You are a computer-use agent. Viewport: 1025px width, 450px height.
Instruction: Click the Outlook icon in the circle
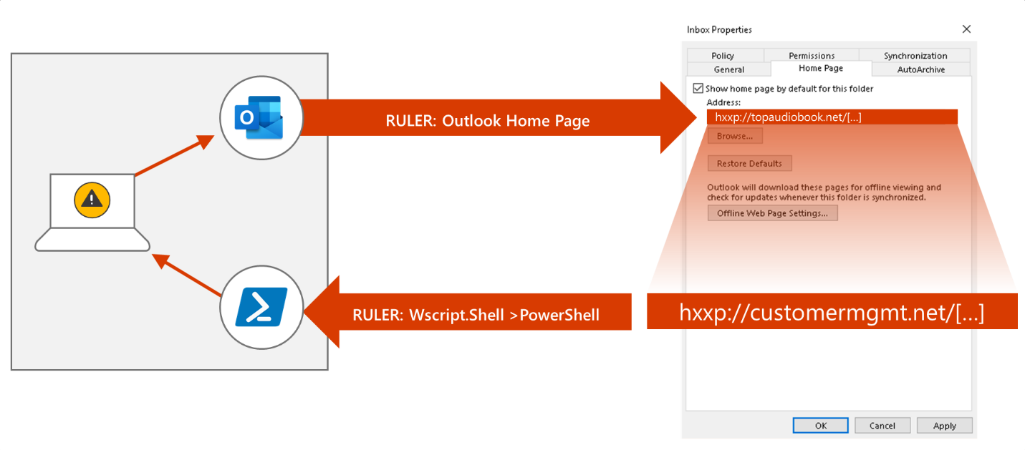[259, 118]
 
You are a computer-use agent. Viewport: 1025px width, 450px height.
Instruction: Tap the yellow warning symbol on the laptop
[92, 200]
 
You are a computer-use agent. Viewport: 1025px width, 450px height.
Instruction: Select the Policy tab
[723, 56]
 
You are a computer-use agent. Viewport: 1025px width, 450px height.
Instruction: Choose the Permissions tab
[812, 56]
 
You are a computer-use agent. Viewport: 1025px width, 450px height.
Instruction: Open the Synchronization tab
[915, 56]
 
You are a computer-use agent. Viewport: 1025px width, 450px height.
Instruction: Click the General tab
[728, 69]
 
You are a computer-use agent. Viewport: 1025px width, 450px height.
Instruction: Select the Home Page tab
[821, 69]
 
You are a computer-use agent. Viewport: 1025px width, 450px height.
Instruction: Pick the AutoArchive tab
[920, 69]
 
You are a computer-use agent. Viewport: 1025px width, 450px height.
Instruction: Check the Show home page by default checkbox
[698, 89]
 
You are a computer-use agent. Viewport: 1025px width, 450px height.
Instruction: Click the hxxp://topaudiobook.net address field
[831, 117]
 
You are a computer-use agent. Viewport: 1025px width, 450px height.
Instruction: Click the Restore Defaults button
[749, 163]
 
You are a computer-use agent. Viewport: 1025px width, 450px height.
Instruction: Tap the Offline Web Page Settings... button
[772, 213]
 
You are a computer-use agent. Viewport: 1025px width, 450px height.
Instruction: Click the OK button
[821, 426]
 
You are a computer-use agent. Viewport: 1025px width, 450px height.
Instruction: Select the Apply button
[944, 426]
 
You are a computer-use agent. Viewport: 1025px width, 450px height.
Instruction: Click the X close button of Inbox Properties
[966, 29]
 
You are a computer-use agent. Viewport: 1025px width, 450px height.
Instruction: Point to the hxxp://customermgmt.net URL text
[831, 313]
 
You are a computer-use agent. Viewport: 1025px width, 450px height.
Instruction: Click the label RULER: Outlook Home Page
[487, 120]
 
